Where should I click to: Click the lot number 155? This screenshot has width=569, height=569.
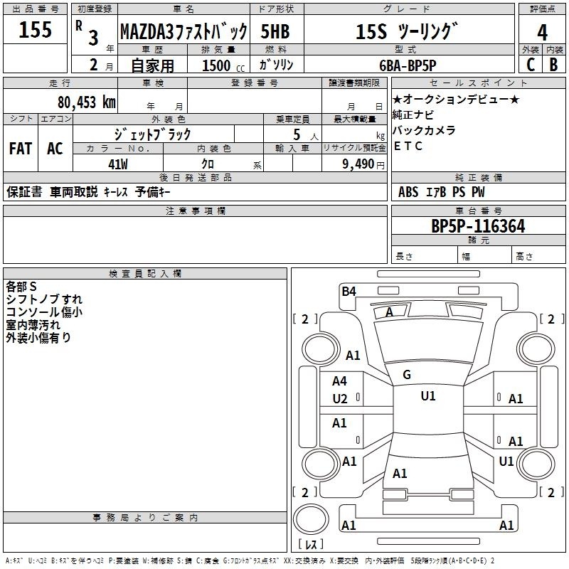pyautogui.click(x=36, y=29)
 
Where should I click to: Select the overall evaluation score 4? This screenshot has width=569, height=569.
pyautogui.click(x=542, y=32)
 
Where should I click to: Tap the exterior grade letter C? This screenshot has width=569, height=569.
pyautogui.click(x=530, y=63)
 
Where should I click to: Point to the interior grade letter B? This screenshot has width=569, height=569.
pyautogui.click(x=553, y=63)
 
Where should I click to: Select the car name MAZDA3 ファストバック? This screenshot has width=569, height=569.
pyautogui.click(x=183, y=31)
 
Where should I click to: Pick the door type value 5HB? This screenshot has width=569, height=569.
pyautogui.click(x=275, y=31)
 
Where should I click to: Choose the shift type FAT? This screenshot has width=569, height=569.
pyautogui.click(x=20, y=149)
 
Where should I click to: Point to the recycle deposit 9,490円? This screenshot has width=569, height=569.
pyautogui.click(x=362, y=164)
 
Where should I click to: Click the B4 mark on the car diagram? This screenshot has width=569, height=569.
pyautogui.click(x=349, y=291)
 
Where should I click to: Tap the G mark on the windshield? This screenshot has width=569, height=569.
pyautogui.click(x=407, y=375)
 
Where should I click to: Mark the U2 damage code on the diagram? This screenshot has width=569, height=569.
pyautogui.click(x=340, y=399)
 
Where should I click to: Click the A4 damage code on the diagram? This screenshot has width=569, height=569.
pyautogui.click(x=340, y=381)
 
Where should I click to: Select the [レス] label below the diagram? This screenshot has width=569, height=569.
pyautogui.click(x=310, y=546)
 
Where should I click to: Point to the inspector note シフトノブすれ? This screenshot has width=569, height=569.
pyautogui.click(x=44, y=299)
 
